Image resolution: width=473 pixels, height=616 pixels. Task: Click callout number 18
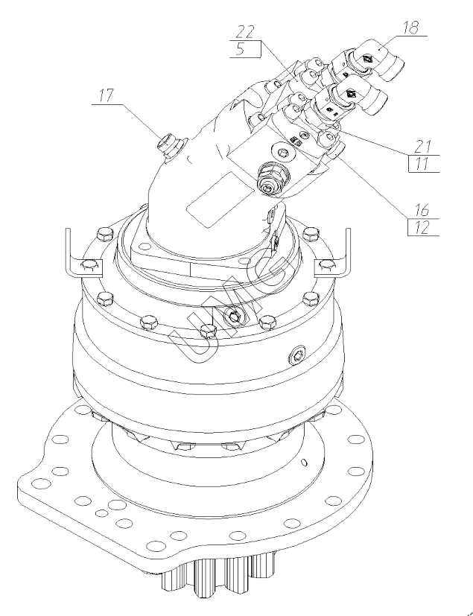pyautogui.click(x=411, y=28)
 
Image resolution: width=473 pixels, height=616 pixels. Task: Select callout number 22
pyautogui.click(x=245, y=32)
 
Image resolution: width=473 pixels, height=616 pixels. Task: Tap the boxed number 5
pyautogui.click(x=241, y=49)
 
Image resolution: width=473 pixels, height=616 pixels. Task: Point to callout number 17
pyautogui.click(x=106, y=95)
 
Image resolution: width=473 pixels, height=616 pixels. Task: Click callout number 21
pyautogui.click(x=422, y=147)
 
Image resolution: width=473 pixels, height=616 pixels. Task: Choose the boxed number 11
pyautogui.click(x=422, y=163)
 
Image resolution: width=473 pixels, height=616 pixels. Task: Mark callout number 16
pyautogui.click(x=422, y=211)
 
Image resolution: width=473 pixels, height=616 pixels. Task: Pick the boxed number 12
pyautogui.click(x=422, y=228)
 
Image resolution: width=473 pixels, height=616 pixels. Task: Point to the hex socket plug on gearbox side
pyautogui.click(x=297, y=355)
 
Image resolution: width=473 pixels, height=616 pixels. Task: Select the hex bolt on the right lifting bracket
pyautogui.click(x=326, y=266)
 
